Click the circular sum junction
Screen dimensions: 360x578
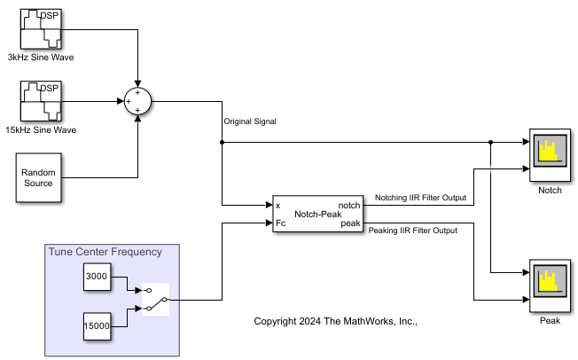click(137, 101)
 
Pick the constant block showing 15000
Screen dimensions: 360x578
click(97, 326)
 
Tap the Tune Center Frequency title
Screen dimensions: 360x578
click(105, 252)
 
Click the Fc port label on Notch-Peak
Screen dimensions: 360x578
click(281, 223)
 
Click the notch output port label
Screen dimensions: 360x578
click(349, 206)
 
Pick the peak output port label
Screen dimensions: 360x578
click(350, 223)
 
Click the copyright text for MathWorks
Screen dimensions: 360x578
click(335, 321)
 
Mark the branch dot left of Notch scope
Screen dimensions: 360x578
click(490, 142)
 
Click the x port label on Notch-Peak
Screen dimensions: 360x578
click(278, 206)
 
